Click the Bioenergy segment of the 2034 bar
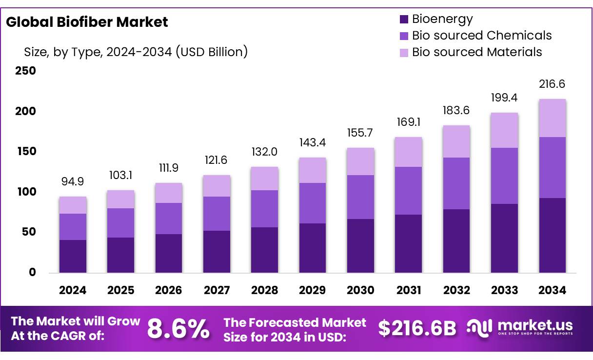click(552, 235)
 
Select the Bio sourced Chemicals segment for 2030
click(360, 197)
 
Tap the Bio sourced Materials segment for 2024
click(73, 205)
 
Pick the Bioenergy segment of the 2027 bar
click(217, 252)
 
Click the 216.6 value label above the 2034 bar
click(552, 84)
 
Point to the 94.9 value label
click(73, 181)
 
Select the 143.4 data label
click(313, 143)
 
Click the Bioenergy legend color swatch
click(404, 20)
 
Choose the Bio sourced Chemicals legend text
click(482, 36)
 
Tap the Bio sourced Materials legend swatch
click(404, 52)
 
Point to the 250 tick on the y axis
click(25, 71)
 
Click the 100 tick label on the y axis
click(25, 192)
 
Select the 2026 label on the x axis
click(169, 291)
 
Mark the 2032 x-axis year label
click(456, 291)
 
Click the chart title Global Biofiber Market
click(87, 22)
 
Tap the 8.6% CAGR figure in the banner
click(178, 329)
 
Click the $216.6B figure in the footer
click(417, 329)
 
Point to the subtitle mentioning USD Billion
click(136, 52)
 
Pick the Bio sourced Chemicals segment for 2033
click(504, 176)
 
